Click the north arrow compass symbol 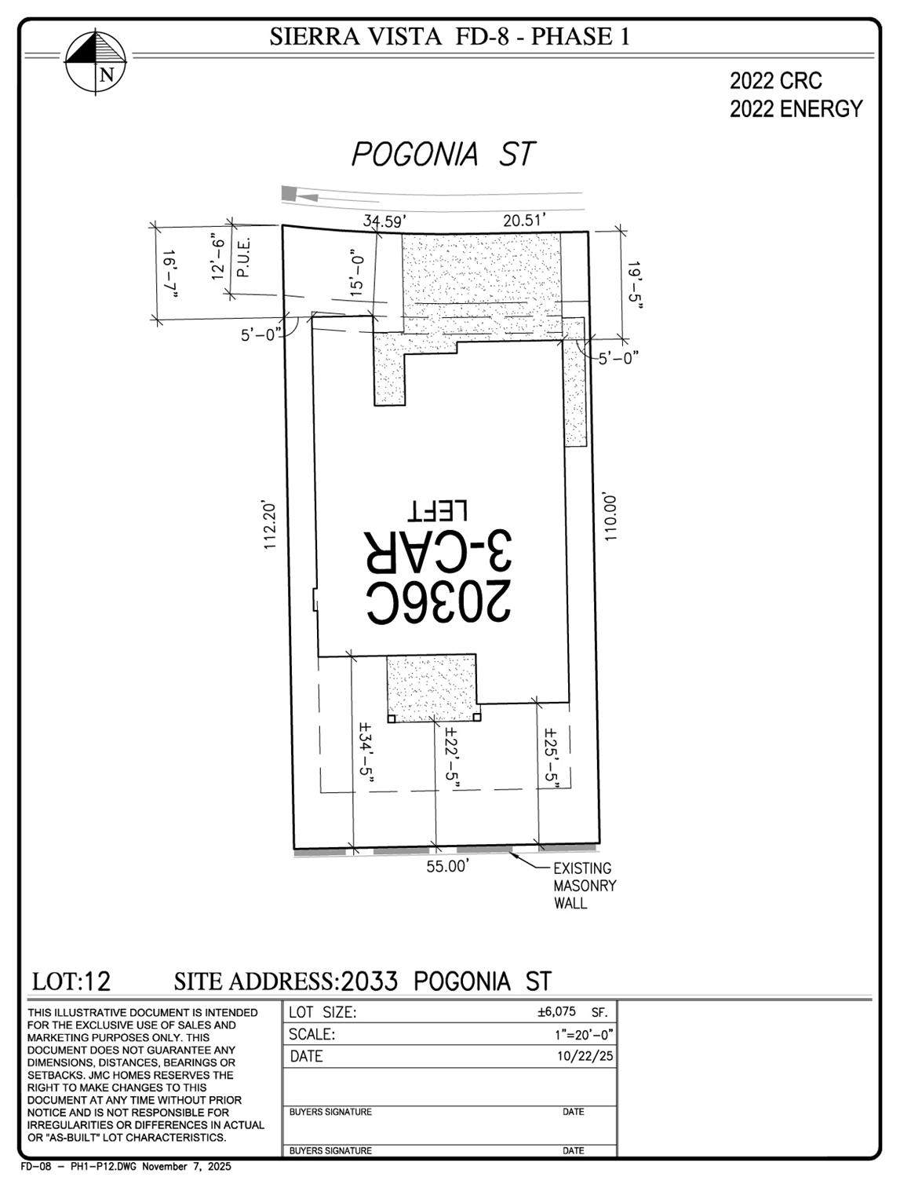(x=96, y=61)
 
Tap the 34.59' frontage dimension (x=383, y=221)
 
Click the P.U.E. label (x=243, y=259)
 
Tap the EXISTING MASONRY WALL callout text (x=585, y=886)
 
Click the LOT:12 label (x=71, y=981)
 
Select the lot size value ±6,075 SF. (x=572, y=1012)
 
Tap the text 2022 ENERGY (x=796, y=109)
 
